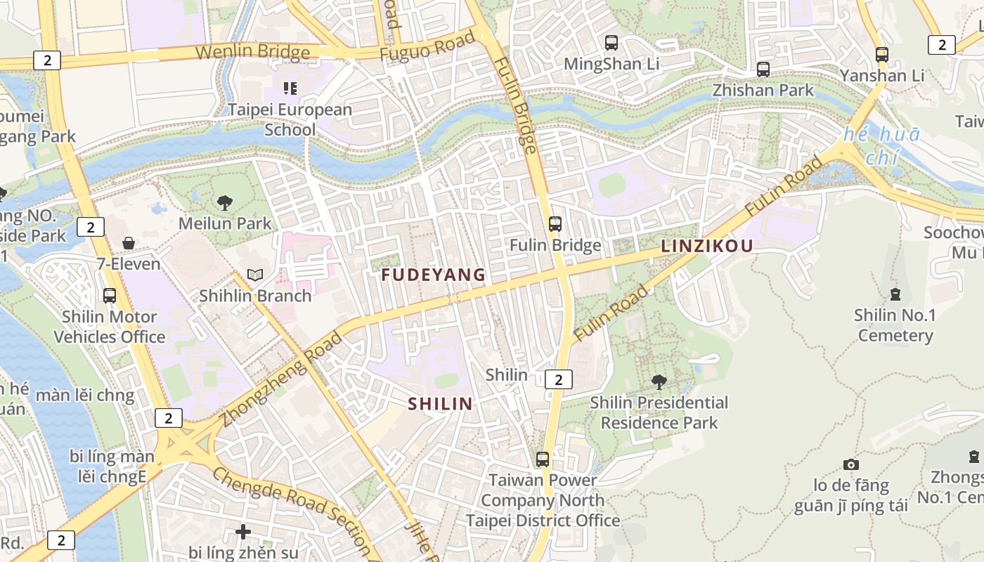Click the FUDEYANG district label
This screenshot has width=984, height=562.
[x=433, y=275]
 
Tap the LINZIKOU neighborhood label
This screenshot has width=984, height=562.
[x=706, y=246]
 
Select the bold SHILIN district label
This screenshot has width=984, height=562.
[x=441, y=403]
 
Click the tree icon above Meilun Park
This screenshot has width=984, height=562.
[x=225, y=204]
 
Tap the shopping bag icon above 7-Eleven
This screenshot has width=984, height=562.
[x=129, y=244]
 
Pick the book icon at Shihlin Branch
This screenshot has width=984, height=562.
[x=255, y=275]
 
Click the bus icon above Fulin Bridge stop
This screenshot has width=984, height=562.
[x=555, y=224]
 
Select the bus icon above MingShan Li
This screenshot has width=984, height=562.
[x=611, y=43]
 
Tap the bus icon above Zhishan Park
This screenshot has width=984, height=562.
[x=763, y=70]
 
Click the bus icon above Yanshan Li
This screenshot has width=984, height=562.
[x=882, y=54]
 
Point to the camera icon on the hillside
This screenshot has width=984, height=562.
[x=851, y=465]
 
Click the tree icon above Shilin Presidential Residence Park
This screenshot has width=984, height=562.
[x=659, y=382]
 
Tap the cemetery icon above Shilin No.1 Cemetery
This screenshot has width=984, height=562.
[x=895, y=294]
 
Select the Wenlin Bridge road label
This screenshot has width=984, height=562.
[x=252, y=53]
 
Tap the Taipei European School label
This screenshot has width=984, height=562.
[x=290, y=119]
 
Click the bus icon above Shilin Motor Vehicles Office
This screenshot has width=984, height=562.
[x=110, y=296]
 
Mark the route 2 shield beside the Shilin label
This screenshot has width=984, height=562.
[x=558, y=379]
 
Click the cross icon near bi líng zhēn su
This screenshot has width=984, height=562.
[x=243, y=532]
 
